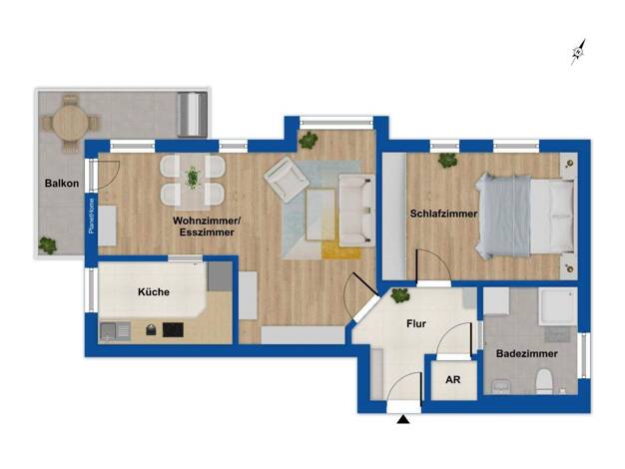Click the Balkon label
pyautogui.click(x=62, y=184)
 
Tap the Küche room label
pyautogui.click(x=154, y=292)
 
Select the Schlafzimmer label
pyautogui.click(x=443, y=214)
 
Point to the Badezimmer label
pyautogui.click(x=526, y=354)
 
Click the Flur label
pyautogui.click(x=416, y=324)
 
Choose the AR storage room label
pyautogui.click(x=453, y=380)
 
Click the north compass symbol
pyautogui.click(x=579, y=52)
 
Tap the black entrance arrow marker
pyautogui.click(x=403, y=419)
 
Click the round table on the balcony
pyautogui.click(x=70, y=122)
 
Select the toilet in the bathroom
pyautogui.click(x=544, y=381)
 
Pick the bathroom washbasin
pyautogui.click(x=498, y=387)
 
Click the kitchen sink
pyautogui.click(x=115, y=331)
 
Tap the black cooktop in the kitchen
pyautogui.click(x=173, y=330)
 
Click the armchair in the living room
pyautogui.click(x=287, y=180)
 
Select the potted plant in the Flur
pyautogui.click(x=399, y=295)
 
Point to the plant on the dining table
pyautogui.click(x=193, y=178)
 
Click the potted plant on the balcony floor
pyautogui.click(x=48, y=245)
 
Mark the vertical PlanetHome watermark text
pyautogui.click(x=92, y=216)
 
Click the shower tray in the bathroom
pyautogui.click(x=558, y=306)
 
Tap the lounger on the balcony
pyautogui.click(x=192, y=115)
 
